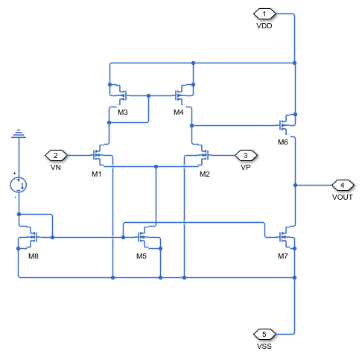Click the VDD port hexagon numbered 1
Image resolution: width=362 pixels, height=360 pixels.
(x=265, y=13)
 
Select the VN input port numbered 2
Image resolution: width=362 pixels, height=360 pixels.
(x=55, y=155)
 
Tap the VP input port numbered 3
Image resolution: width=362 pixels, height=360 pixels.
(x=245, y=155)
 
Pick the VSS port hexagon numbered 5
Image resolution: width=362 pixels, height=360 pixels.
(x=265, y=334)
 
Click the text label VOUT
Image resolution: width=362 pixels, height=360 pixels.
(x=342, y=197)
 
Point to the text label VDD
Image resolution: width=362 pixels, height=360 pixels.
(x=265, y=25)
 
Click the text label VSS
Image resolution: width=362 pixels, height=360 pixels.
(x=265, y=346)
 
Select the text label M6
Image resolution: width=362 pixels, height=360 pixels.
(x=283, y=141)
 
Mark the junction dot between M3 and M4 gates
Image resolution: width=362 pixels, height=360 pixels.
(x=149, y=95)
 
